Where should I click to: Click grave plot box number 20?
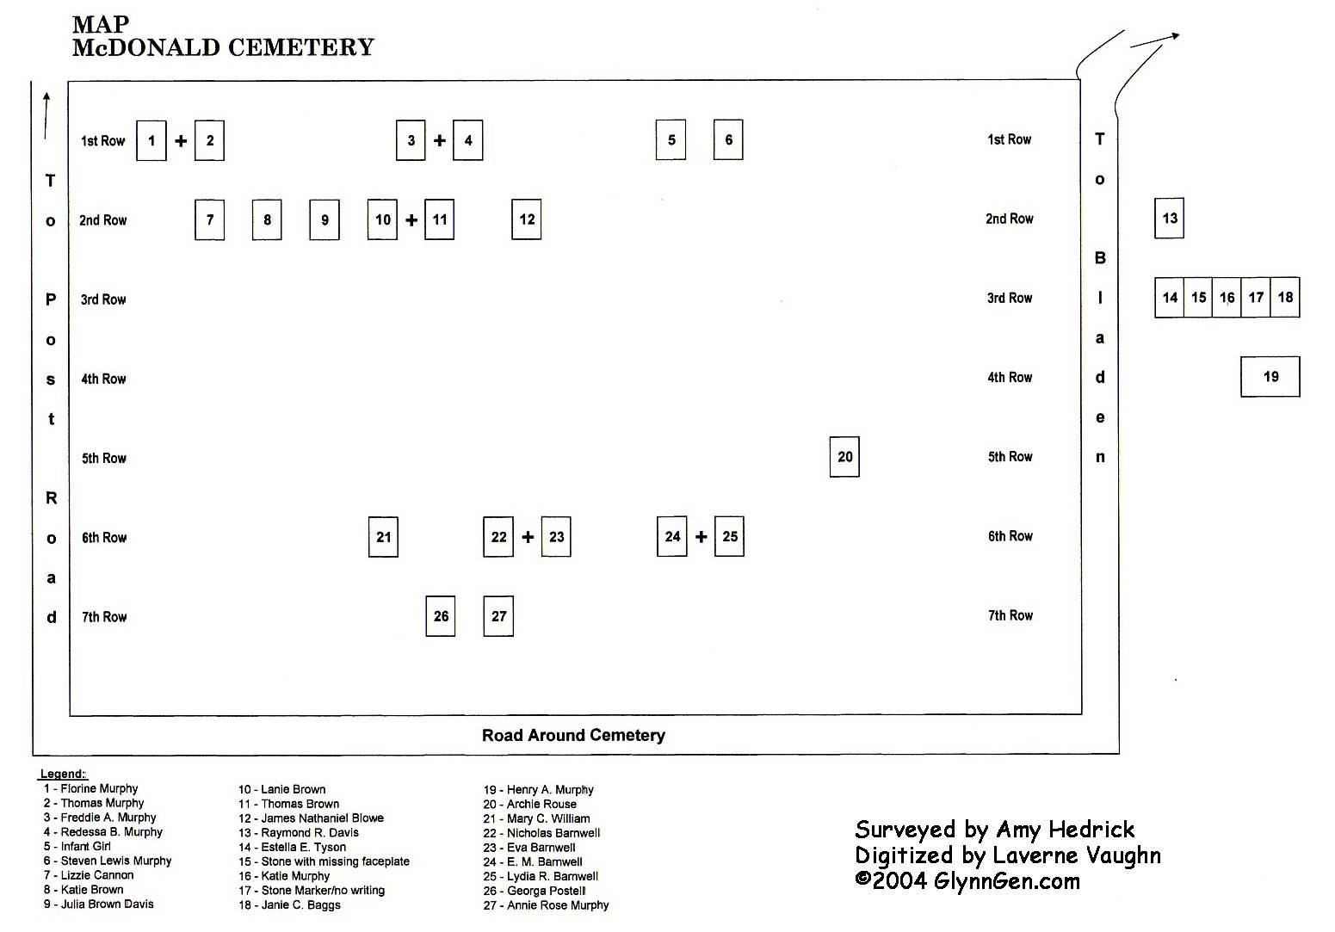[844, 457]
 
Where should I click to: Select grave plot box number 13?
[1169, 218]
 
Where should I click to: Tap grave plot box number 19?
[1270, 377]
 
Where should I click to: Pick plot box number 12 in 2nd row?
[526, 219]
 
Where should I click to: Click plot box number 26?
[441, 616]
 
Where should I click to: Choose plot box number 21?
[383, 537]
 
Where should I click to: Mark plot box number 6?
[728, 139]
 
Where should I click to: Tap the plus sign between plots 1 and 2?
[181, 140]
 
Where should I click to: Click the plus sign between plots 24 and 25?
[701, 537]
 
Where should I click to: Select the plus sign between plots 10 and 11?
[411, 220]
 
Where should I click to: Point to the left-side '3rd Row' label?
[103, 299]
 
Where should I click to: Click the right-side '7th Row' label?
[1011, 615]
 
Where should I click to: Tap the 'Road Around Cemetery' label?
[573, 735]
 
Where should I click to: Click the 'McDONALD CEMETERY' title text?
[224, 47]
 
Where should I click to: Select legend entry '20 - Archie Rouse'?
[530, 804]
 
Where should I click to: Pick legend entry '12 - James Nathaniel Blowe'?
[311, 818]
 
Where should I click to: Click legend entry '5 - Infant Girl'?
[77, 846]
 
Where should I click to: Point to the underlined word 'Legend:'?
[63, 774]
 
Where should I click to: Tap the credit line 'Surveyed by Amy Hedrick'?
[995, 830]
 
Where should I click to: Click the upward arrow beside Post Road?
[46, 115]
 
